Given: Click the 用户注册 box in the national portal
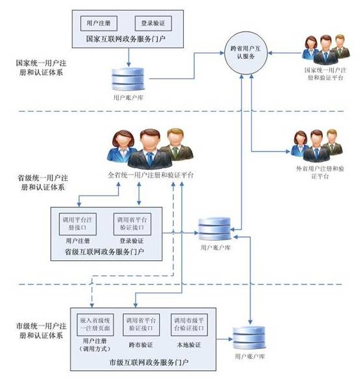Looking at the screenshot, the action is point(98,23).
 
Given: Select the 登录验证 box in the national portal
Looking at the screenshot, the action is point(153,23).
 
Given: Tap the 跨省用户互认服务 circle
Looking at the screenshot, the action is point(246,52).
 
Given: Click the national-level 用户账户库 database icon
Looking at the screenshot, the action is point(128,79).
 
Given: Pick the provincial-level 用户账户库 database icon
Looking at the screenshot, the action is point(215,229).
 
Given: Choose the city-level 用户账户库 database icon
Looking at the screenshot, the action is point(249,338).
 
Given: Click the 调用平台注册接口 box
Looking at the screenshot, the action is point(78,224).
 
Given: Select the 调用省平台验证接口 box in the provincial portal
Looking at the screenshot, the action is point(132,224).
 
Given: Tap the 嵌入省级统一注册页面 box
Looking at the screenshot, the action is point(95,325).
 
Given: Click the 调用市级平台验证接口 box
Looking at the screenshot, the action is point(189,325).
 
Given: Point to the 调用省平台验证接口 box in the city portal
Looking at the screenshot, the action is point(141,325).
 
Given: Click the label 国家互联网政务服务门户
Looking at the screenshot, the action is point(126,39).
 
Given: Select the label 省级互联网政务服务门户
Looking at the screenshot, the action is point(104,252).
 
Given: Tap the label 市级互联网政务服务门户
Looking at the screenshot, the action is point(149,362).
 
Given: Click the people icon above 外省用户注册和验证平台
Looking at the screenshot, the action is point(316,145).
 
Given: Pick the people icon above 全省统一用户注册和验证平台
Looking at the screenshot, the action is point(150,149).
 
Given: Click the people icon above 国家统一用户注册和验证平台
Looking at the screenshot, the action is point(325,50).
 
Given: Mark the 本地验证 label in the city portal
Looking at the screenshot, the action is point(189,345).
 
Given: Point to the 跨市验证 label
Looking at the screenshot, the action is point(141,345).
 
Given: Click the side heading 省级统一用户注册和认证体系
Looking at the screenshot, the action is point(43,183).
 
